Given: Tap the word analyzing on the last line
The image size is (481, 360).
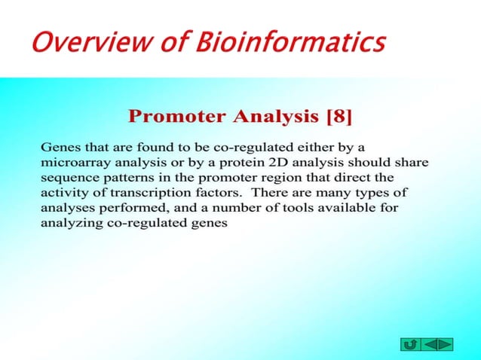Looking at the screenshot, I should (x=70, y=222).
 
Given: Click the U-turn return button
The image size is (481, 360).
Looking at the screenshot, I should (x=410, y=344).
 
